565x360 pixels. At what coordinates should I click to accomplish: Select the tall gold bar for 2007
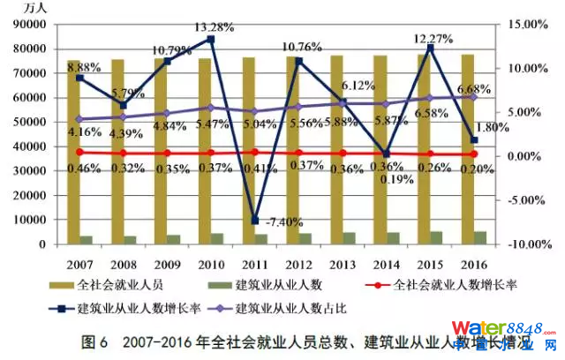click(x=73, y=150)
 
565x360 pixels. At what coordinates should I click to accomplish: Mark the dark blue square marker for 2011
click(x=255, y=220)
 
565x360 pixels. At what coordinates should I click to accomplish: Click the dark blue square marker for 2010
click(x=210, y=40)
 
